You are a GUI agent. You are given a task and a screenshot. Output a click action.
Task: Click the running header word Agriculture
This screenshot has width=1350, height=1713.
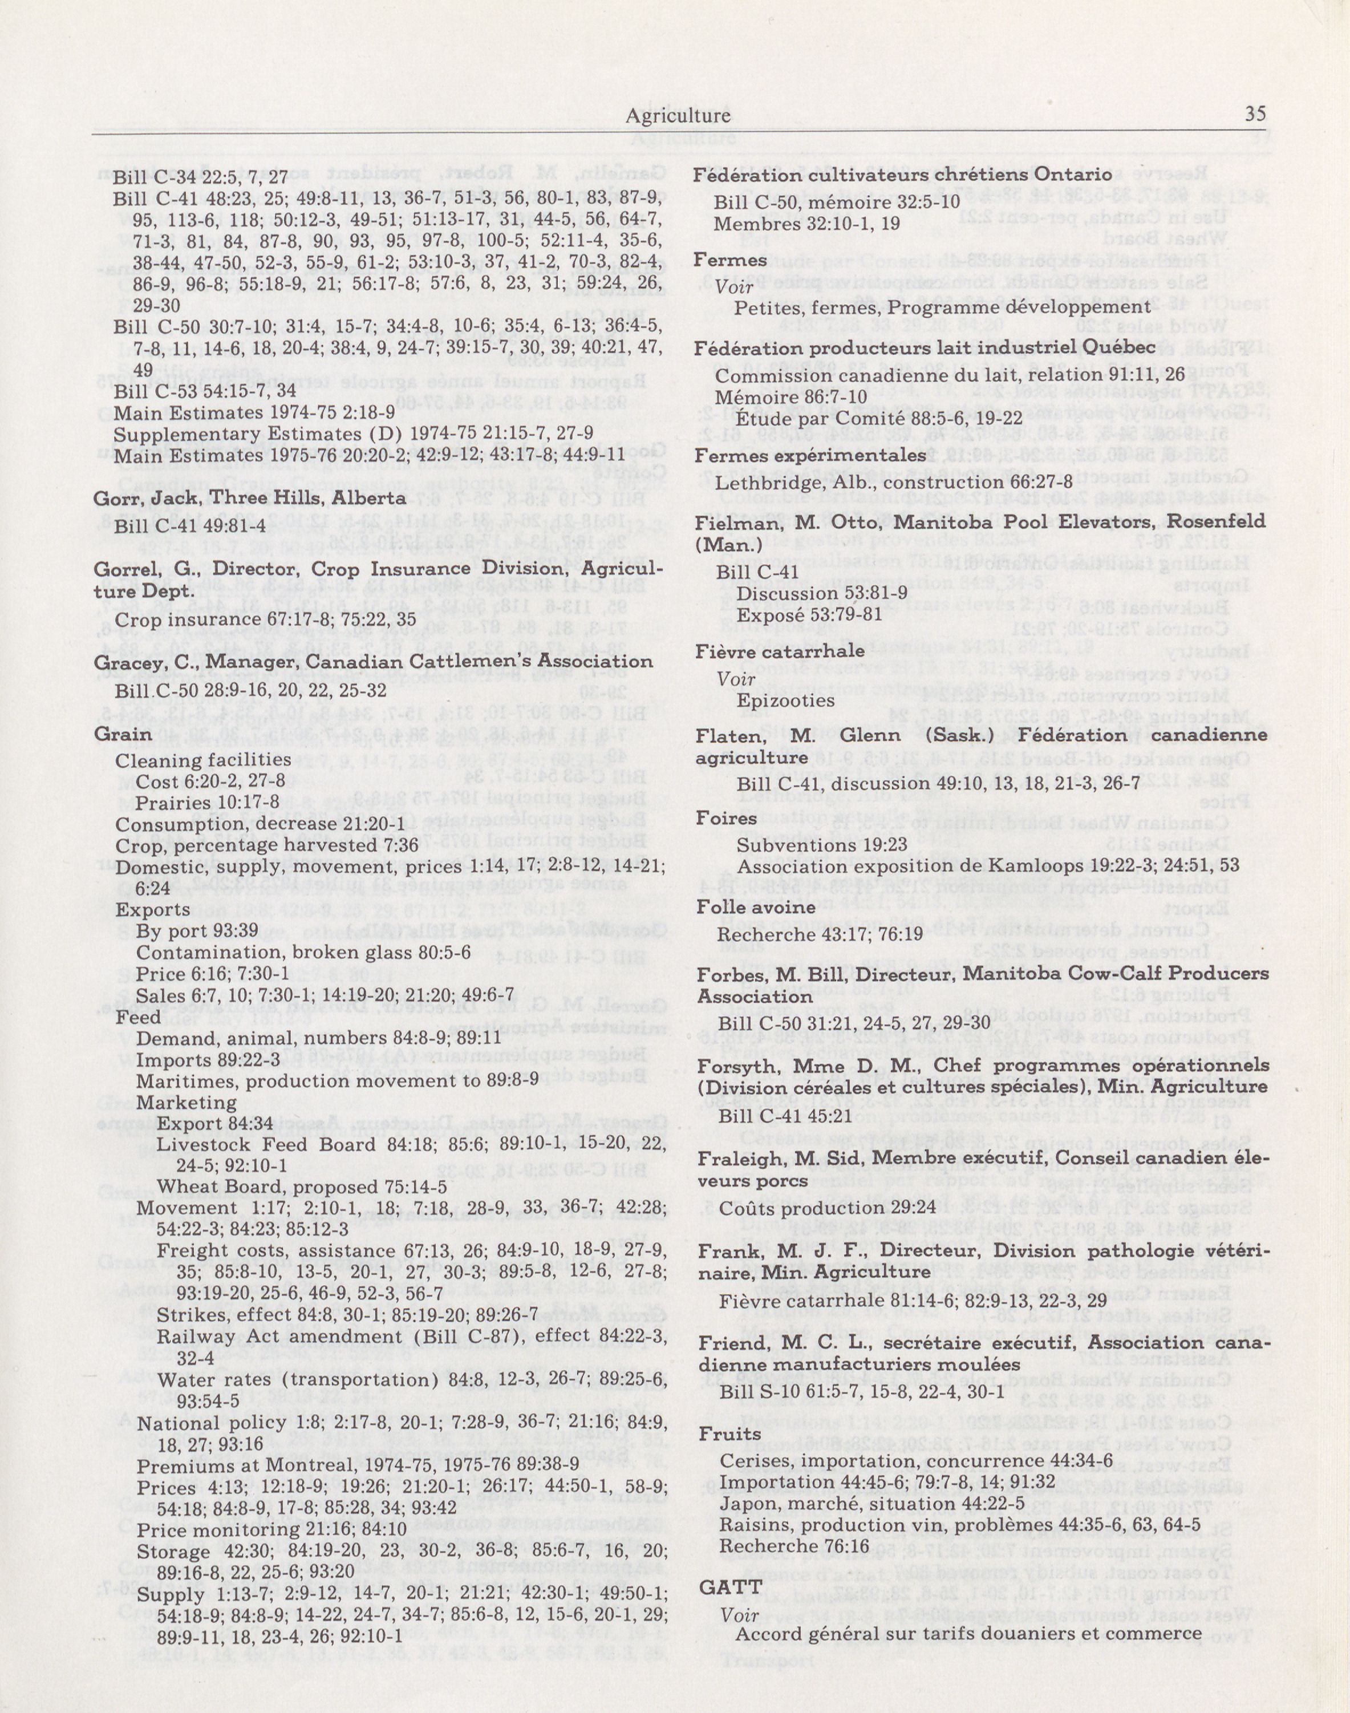point(678,116)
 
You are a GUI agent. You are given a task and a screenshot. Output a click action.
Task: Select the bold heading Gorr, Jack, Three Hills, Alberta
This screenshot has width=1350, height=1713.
point(250,499)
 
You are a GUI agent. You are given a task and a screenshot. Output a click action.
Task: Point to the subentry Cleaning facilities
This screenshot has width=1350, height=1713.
point(203,760)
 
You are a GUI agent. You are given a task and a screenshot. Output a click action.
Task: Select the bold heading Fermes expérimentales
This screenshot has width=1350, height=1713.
point(810,456)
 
